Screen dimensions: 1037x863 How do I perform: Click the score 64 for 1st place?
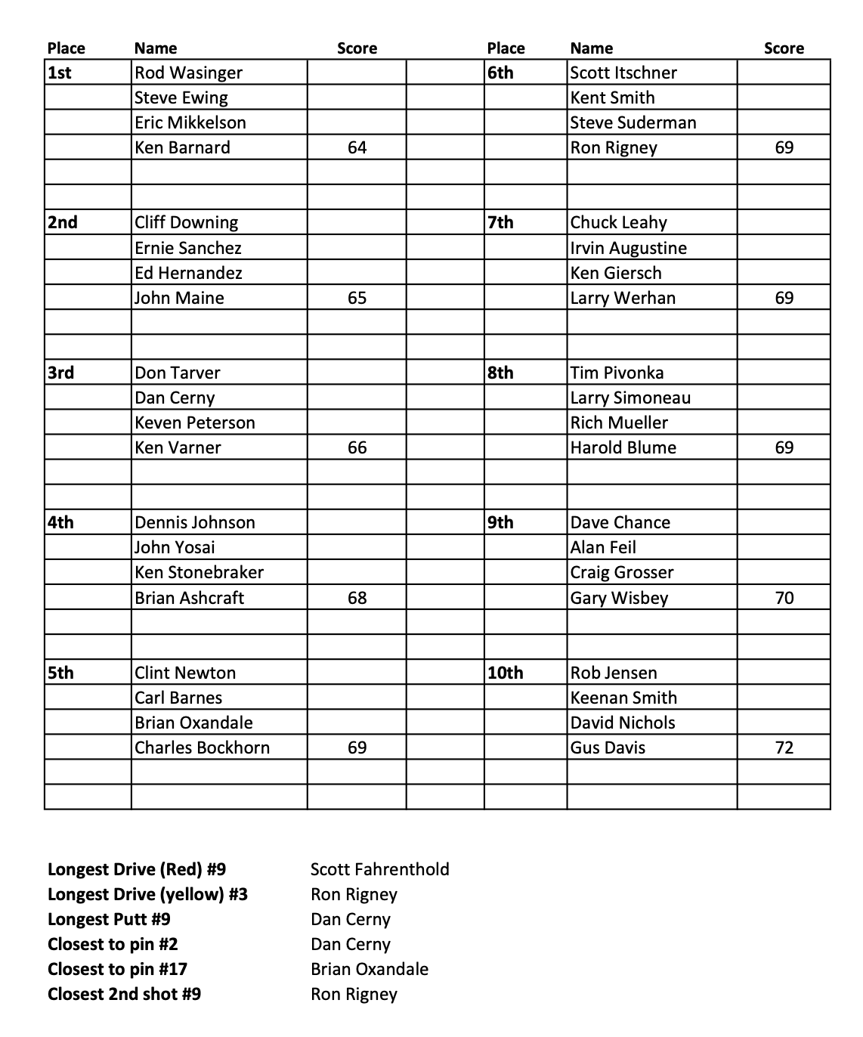[x=357, y=147]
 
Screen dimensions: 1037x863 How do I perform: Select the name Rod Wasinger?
[x=188, y=73]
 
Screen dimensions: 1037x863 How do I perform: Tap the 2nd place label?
[x=63, y=222]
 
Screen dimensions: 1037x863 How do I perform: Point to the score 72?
[x=784, y=748]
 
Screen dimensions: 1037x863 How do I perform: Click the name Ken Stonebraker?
[x=199, y=572]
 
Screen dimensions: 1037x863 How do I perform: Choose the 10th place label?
[x=506, y=673]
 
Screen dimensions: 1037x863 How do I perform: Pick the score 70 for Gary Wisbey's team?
[x=784, y=598]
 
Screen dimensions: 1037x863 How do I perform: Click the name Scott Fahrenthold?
[x=379, y=869]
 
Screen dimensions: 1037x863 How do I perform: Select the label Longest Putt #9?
[x=109, y=919]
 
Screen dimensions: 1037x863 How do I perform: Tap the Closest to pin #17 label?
[x=117, y=969]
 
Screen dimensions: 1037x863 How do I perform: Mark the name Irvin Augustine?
[x=628, y=248]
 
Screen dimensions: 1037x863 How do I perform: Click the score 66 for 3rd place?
[x=357, y=447]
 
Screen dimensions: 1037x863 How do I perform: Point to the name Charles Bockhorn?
[x=202, y=748]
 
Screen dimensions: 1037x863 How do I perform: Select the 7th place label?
[x=500, y=222]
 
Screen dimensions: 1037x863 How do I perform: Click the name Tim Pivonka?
[x=617, y=373]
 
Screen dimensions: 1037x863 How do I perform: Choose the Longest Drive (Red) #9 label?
[x=137, y=869]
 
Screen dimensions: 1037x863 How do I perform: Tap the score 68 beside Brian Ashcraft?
[x=357, y=598]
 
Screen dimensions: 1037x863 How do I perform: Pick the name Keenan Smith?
[x=623, y=698]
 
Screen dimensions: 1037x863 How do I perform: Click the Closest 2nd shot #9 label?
[x=124, y=994]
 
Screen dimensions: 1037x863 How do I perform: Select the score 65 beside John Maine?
[x=357, y=298]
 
